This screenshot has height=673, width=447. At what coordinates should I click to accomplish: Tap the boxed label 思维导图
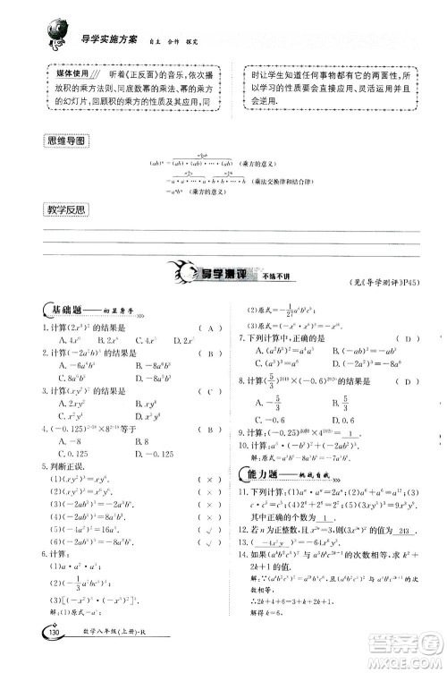tap(68, 141)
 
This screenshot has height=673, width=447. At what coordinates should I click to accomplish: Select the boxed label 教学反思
tap(68, 210)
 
